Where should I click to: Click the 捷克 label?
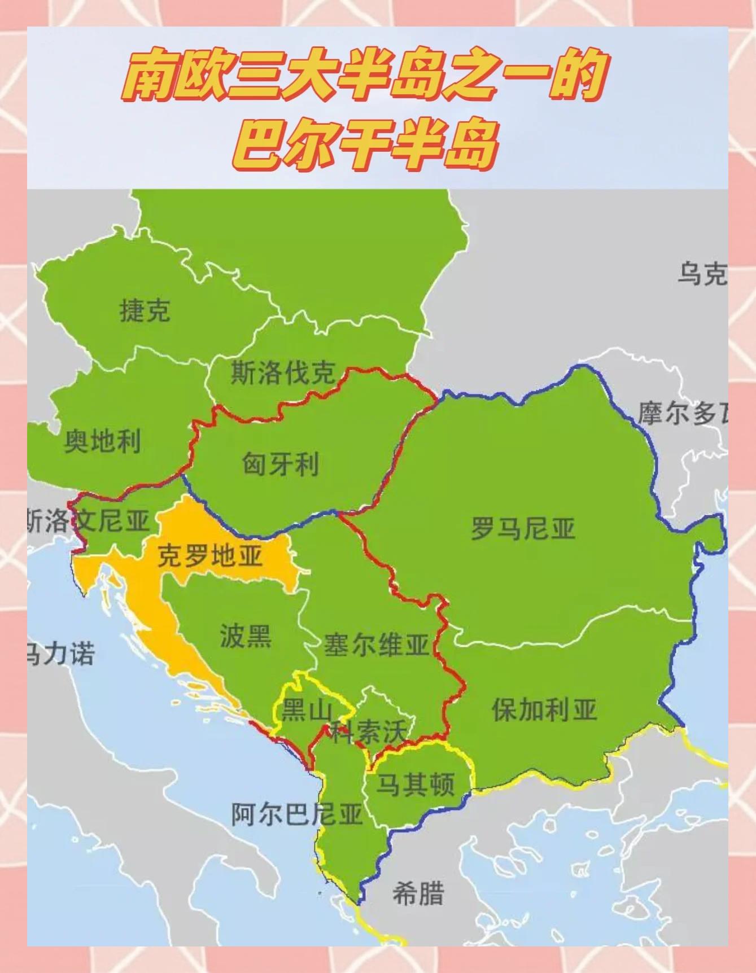pos(145,311)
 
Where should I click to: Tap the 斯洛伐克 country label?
pos(282,373)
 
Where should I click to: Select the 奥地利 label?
pos(102,441)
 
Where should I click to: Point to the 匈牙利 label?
pos(281,464)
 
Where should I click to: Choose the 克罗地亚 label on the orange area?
pos(209,556)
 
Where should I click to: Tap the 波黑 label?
pos(246,636)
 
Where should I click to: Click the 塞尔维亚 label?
pos(376,645)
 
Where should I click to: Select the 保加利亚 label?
pos(544,709)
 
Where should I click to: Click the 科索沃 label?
pos(368,732)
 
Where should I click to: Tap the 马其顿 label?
pos(416,784)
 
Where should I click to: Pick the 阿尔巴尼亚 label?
pos(296,814)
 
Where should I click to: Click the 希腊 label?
pos(418,894)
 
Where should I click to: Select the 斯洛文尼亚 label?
pos(88,520)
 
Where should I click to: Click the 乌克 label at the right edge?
pos(702,275)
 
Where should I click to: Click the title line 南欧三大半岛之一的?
pos(366,76)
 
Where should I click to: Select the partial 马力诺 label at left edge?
pos(61,654)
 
